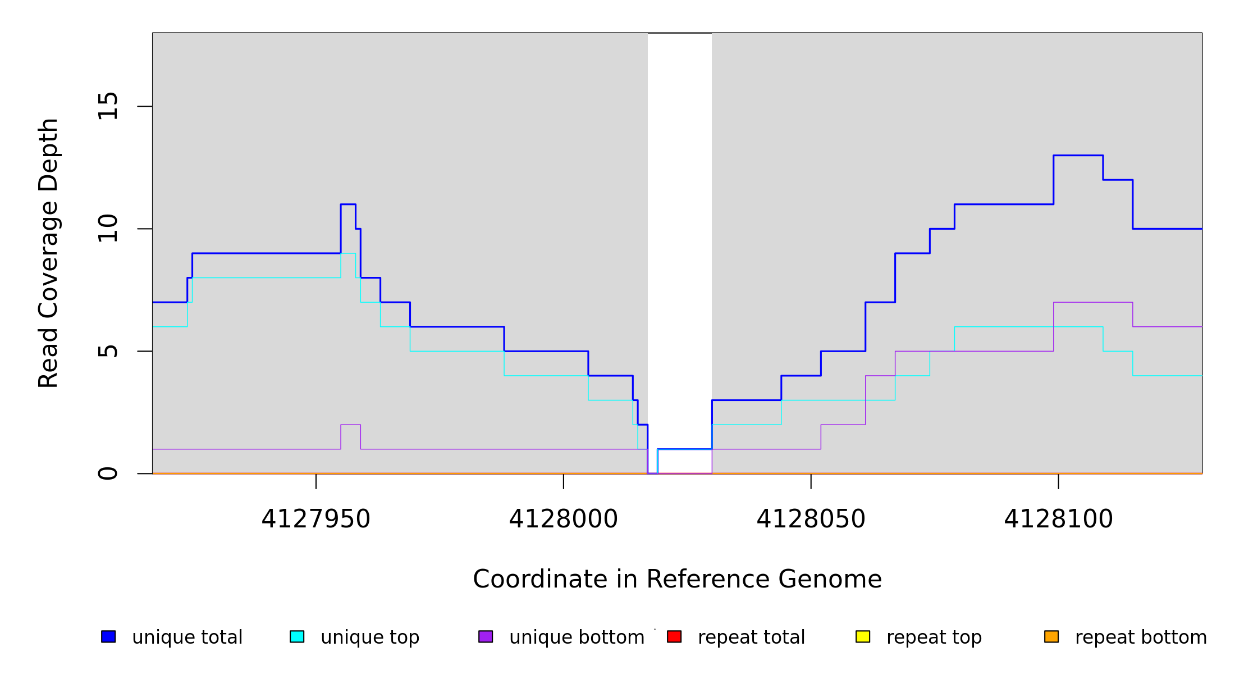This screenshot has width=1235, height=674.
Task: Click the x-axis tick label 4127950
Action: [x=315, y=520]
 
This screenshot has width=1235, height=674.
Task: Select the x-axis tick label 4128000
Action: [x=563, y=520]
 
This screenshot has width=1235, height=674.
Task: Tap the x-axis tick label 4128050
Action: [x=811, y=520]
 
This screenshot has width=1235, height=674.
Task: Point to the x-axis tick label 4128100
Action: [x=1058, y=520]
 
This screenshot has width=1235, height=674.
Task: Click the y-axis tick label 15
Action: [x=108, y=106]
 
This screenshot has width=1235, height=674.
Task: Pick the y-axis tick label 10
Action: [x=108, y=229]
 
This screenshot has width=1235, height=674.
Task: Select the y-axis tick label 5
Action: [x=108, y=351]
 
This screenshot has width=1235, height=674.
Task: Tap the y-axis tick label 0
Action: [x=108, y=473]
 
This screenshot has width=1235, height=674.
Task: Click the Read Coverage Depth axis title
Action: [x=48, y=253]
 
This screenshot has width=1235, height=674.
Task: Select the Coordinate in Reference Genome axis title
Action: [x=677, y=580]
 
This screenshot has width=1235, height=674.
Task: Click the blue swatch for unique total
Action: [x=108, y=636]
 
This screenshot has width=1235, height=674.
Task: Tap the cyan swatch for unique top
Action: [x=297, y=636]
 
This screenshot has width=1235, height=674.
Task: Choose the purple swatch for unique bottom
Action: [x=486, y=636]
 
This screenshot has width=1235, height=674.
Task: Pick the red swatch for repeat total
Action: [x=674, y=636]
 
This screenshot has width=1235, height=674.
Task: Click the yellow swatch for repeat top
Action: [x=863, y=636]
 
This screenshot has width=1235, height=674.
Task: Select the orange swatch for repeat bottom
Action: [x=1051, y=636]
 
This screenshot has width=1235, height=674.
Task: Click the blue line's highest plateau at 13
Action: [x=1078, y=155]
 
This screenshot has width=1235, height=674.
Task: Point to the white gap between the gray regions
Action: [x=679, y=225]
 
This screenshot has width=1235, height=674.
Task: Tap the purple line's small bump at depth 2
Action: [x=350, y=425]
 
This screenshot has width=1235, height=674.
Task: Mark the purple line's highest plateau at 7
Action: [x=1093, y=302]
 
